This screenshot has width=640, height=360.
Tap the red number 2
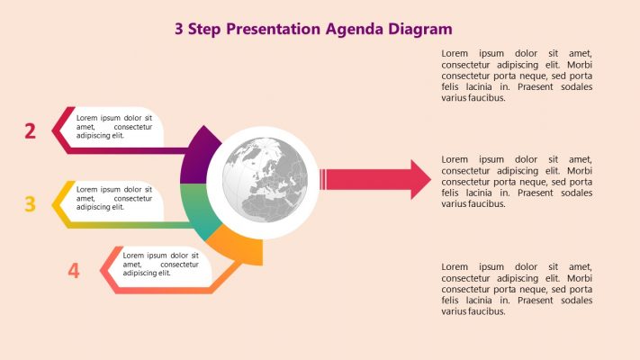(30, 131)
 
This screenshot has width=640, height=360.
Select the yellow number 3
(30, 204)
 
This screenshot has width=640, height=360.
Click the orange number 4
(74, 270)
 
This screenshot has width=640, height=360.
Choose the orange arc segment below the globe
(239, 245)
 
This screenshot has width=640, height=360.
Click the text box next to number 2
(114, 127)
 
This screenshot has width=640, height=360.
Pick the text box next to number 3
(114, 199)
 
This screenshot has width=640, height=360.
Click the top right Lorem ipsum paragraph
(517, 76)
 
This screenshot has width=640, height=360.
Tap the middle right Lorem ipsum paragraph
(517, 181)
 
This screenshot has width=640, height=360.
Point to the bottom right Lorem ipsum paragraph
(517, 289)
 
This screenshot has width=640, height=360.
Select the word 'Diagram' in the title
(420, 29)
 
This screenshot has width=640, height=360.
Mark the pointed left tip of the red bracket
(53, 131)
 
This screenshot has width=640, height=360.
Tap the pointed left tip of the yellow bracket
(54, 204)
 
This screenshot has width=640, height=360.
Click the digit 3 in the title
(180, 29)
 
